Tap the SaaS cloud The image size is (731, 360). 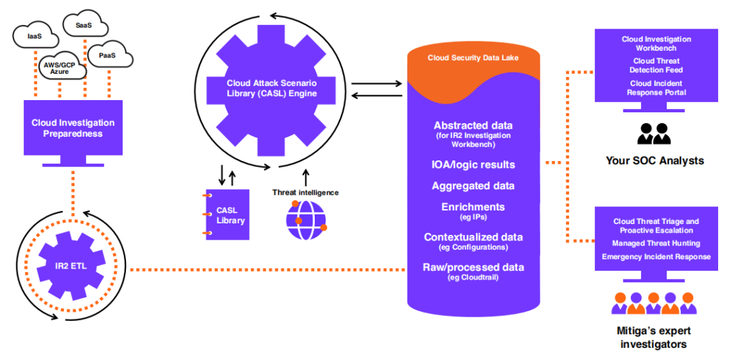click(x=85, y=25)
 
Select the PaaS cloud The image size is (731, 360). click(x=107, y=55)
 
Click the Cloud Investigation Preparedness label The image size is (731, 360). click(x=73, y=128)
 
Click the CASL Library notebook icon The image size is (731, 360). click(x=228, y=214)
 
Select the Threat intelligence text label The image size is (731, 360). click(x=305, y=192)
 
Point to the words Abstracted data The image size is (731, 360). click(x=472, y=125)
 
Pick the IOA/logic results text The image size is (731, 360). click(x=472, y=164)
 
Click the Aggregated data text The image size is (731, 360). click(x=472, y=185)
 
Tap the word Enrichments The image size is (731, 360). click(x=472, y=206)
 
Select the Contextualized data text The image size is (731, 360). click(x=472, y=237)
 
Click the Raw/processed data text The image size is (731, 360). click(x=472, y=267)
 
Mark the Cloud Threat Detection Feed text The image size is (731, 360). click(x=656, y=66)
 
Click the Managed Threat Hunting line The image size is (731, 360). click(x=656, y=243)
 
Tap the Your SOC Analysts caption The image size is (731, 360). click(x=655, y=161)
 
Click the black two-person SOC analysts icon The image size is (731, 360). click(x=655, y=133)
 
